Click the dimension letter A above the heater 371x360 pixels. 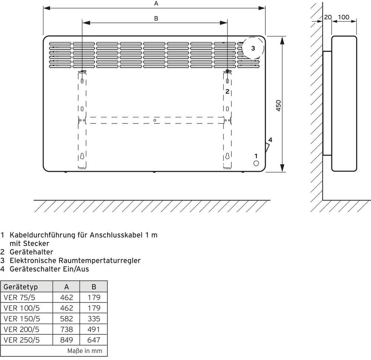(156, 3)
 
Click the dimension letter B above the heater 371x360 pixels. (156, 18)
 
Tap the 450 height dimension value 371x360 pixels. (279, 106)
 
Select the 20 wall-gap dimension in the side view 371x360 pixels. (328, 17)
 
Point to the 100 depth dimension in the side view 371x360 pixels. (344, 17)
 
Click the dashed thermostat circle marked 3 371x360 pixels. (253, 48)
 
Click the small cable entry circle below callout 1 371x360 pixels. (256, 163)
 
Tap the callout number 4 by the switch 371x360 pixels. (270, 140)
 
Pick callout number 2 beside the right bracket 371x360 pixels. (227, 91)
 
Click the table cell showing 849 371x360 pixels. (67, 340)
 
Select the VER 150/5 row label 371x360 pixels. (22, 318)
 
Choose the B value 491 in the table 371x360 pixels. (94, 329)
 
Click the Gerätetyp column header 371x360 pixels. (21, 287)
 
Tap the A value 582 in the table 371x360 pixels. (67, 318)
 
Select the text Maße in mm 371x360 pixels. (85, 351)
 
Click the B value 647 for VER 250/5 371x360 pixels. (94, 340)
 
